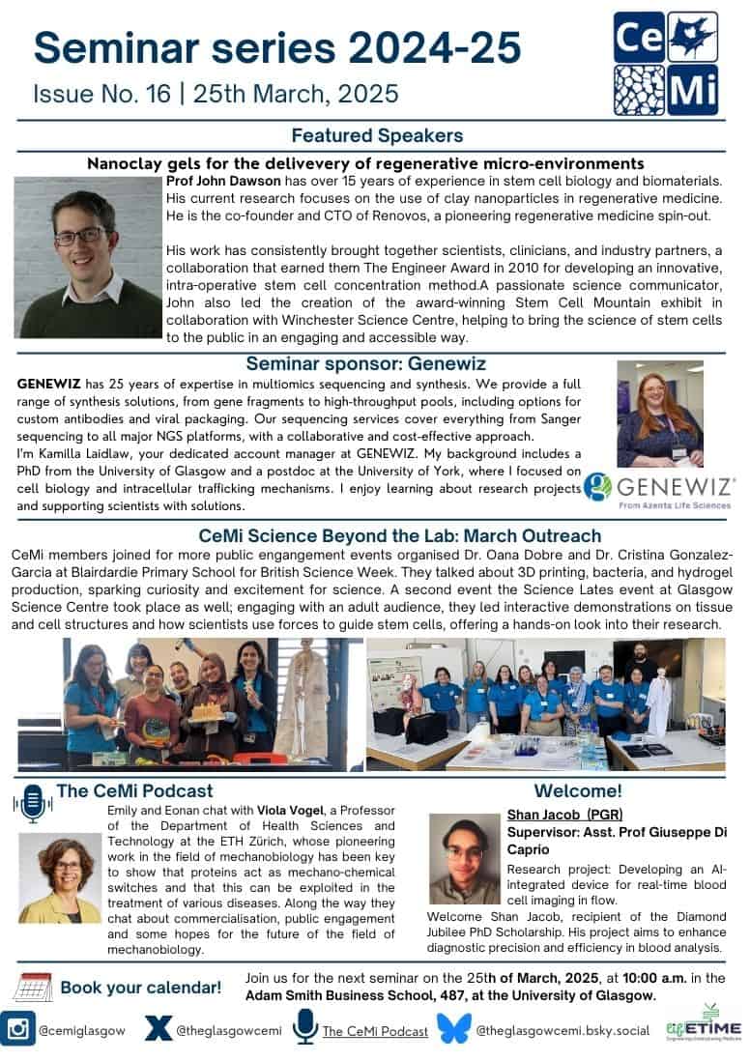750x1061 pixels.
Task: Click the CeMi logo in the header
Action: pos(666,63)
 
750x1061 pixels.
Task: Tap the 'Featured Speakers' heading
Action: pos(377,135)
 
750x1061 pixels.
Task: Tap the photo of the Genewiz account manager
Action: pos(660,414)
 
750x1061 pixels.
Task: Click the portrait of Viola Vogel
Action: pos(60,877)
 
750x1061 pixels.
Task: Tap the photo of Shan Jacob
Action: pos(465,858)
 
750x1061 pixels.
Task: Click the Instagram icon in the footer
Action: pos(18,1030)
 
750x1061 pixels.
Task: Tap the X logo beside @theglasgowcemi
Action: pos(158,1030)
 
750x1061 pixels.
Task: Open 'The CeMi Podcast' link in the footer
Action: pos(375,1031)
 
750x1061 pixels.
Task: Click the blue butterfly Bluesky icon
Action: pos(454,1030)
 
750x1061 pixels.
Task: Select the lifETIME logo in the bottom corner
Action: pos(704,1028)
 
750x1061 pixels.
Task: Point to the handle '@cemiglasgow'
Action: pos(82,1031)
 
